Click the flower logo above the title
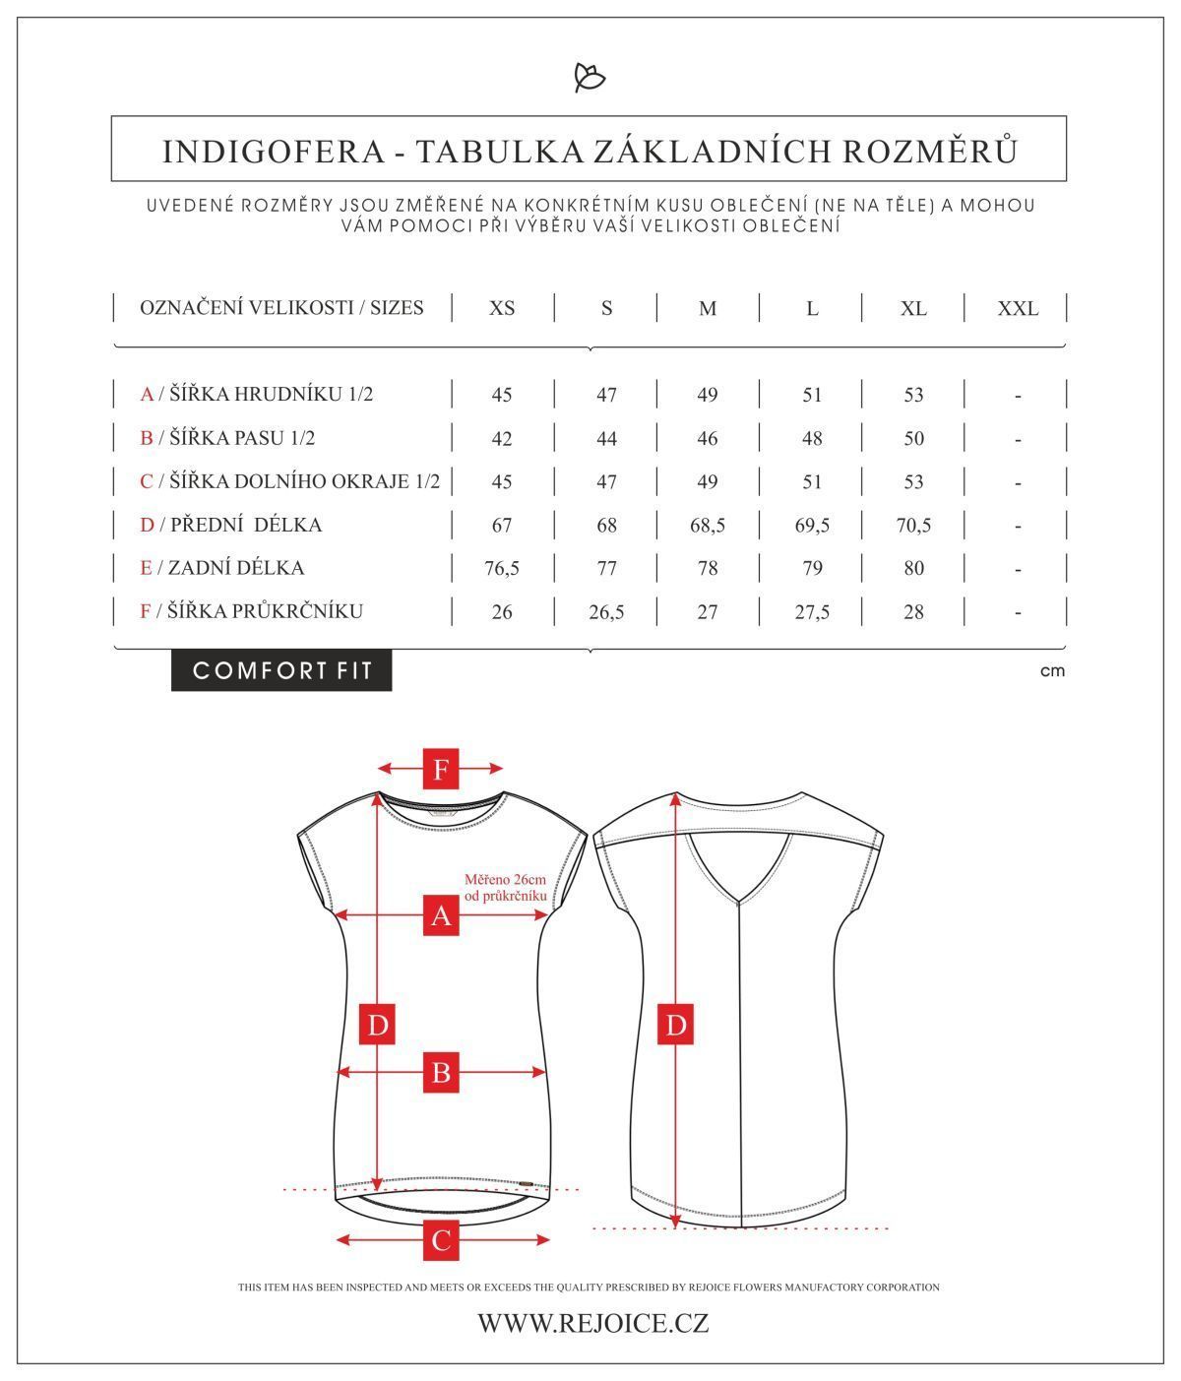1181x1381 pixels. pyautogui.click(x=590, y=78)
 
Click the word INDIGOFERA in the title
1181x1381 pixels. pyautogui.click(x=274, y=152)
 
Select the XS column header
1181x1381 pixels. pyautogui.click(x=502, y=308)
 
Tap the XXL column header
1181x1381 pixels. pyautogui.click(x=1018, y=309)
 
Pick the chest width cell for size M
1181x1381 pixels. pyautogui.click(x=708, y=395)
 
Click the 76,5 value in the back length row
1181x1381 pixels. pyautogui.click(x=502, y=568)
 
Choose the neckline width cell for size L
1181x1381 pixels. pyautogui.click(x=812, y=612)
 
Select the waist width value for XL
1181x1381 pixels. pyautogui.click(x=913, y=438)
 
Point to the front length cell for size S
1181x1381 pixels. pyautogui.click(x=606, y=526)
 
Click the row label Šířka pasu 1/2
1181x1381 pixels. pyautogui.click(x=227, y=438)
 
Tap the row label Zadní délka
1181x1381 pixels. pyautogui.click(x=221, y=568)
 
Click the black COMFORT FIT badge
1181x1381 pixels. pyautogui.click(x=281, y=670)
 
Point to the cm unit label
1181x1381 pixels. pyautogui.click(x=1052, y=670)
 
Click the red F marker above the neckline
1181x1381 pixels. pyautogui.click(x=441, y=769)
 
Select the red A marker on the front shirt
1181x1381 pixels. pyautogui.click(x=441, y=914)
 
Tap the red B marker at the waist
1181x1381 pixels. pyautogui.click(x=441, y=1072)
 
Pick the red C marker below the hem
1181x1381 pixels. pyautogui.click(x=441, y=1240)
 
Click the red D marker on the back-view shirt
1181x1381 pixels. pyautogui.click(x=676, y=1024)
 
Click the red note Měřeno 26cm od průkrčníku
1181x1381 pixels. pyautogui.click(x=506, y=887)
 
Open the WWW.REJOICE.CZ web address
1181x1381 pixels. pyautogui.click(x=593, y=1323)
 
